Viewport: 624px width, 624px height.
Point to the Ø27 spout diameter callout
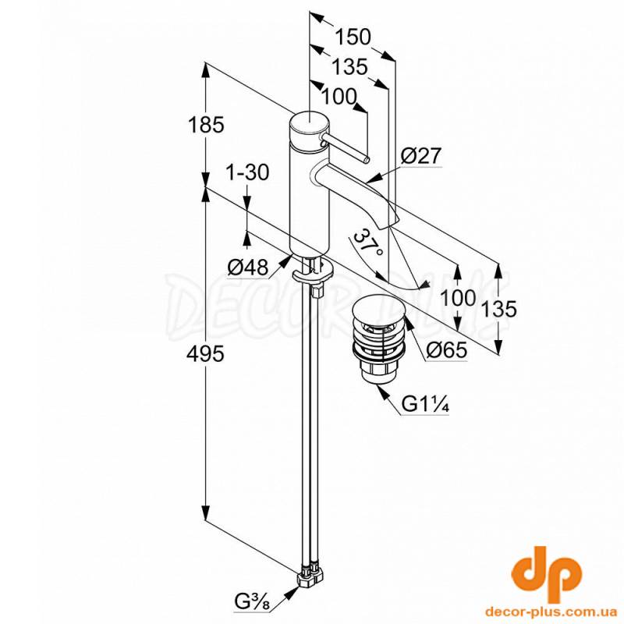[x=421, y=156]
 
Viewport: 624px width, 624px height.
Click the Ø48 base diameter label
[x=248, y=268]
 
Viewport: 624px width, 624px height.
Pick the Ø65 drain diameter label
[x=446, y=351]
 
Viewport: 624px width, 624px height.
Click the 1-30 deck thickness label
[x=246, y=172]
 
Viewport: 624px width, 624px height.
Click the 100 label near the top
[x=338, y=97]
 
